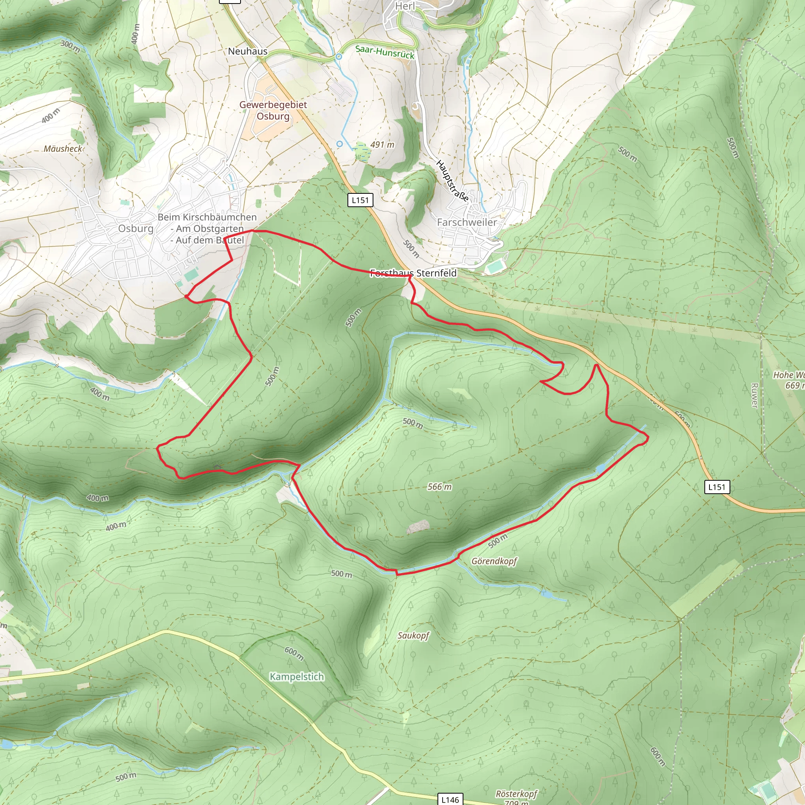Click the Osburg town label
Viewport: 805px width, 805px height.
(136, 228)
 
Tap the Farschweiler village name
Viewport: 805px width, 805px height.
(467, 222)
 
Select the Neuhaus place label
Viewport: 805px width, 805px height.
(248, 51)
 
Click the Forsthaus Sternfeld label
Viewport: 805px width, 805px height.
(414, 273)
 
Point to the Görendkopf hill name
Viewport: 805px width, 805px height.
(494, 561)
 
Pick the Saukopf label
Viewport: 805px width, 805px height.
(413, 636)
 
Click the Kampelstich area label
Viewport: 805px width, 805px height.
(297, 677)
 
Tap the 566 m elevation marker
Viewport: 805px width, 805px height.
(439, 487)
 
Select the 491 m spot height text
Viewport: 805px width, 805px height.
(382, 145)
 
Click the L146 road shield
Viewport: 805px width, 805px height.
(450, 799)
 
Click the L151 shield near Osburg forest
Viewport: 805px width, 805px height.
(360, 200)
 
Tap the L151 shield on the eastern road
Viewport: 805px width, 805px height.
(717, 487)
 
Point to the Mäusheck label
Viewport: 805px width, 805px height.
(63, 149)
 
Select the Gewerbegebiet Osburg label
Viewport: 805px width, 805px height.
(273, 110)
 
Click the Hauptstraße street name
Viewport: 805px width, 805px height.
(452, 181)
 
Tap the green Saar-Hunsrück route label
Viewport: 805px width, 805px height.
(384, 52)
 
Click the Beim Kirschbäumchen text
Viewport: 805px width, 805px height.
(207, 217)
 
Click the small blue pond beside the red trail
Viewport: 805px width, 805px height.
(601, 469)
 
